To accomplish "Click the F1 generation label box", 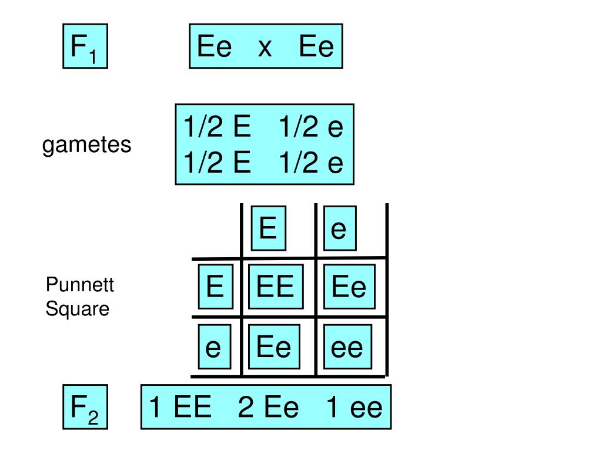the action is [x=85, y=46].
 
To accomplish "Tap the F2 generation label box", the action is [x=85, y=406].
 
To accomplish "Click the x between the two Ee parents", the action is [x=265, y=46].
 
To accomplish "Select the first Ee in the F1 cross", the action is [x=215, y=46].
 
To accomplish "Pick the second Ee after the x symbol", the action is [x=316, y=46].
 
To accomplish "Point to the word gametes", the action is [x=87, y=144].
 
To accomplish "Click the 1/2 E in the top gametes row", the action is [x=216, y=126].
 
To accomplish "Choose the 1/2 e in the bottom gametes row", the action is [x=311, y=163].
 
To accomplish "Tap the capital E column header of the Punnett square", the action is [x=268, y=228].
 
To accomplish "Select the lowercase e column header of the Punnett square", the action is [x=339, y=228].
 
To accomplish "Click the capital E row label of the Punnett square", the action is [x=215, y=287].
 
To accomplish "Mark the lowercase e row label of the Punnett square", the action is [x=213, y=348].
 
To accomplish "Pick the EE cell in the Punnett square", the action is [x=275, y=287].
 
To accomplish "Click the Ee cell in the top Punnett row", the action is [x=349, y=287].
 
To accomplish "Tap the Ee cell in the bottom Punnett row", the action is [x=274, y=348].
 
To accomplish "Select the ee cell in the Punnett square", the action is [x=347, y=348].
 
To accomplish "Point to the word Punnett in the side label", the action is [x=80, y=286].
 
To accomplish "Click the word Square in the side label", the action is [x=78, y=308].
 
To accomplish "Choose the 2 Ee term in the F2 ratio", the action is [x=269, y=407].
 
